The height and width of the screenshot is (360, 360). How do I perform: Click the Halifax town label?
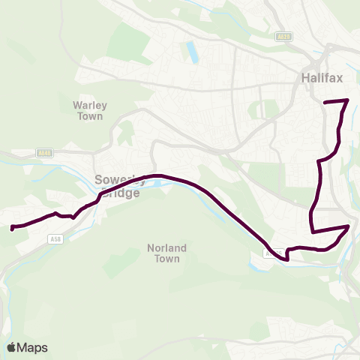[321, 77]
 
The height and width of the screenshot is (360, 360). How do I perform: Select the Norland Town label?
[166, 253]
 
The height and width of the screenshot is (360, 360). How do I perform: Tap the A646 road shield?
[44, 153]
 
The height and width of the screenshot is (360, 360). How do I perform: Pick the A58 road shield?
[54, 238]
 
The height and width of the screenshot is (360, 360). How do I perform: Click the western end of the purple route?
[12, 227]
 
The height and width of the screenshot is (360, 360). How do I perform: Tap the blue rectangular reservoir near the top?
[193, 52]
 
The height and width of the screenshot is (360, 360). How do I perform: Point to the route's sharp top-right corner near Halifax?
[348, 100]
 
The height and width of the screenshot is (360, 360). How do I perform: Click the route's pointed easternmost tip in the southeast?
[349, 225]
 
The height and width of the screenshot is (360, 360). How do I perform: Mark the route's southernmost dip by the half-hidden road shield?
[285, 259]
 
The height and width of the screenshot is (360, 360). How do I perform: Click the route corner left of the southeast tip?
[311, 229]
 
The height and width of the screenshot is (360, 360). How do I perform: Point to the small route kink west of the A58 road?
[72, 217]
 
